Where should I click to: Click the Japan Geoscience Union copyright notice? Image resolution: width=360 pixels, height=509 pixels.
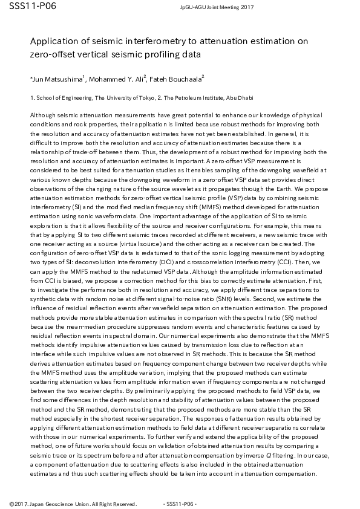[x=73, y=504]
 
